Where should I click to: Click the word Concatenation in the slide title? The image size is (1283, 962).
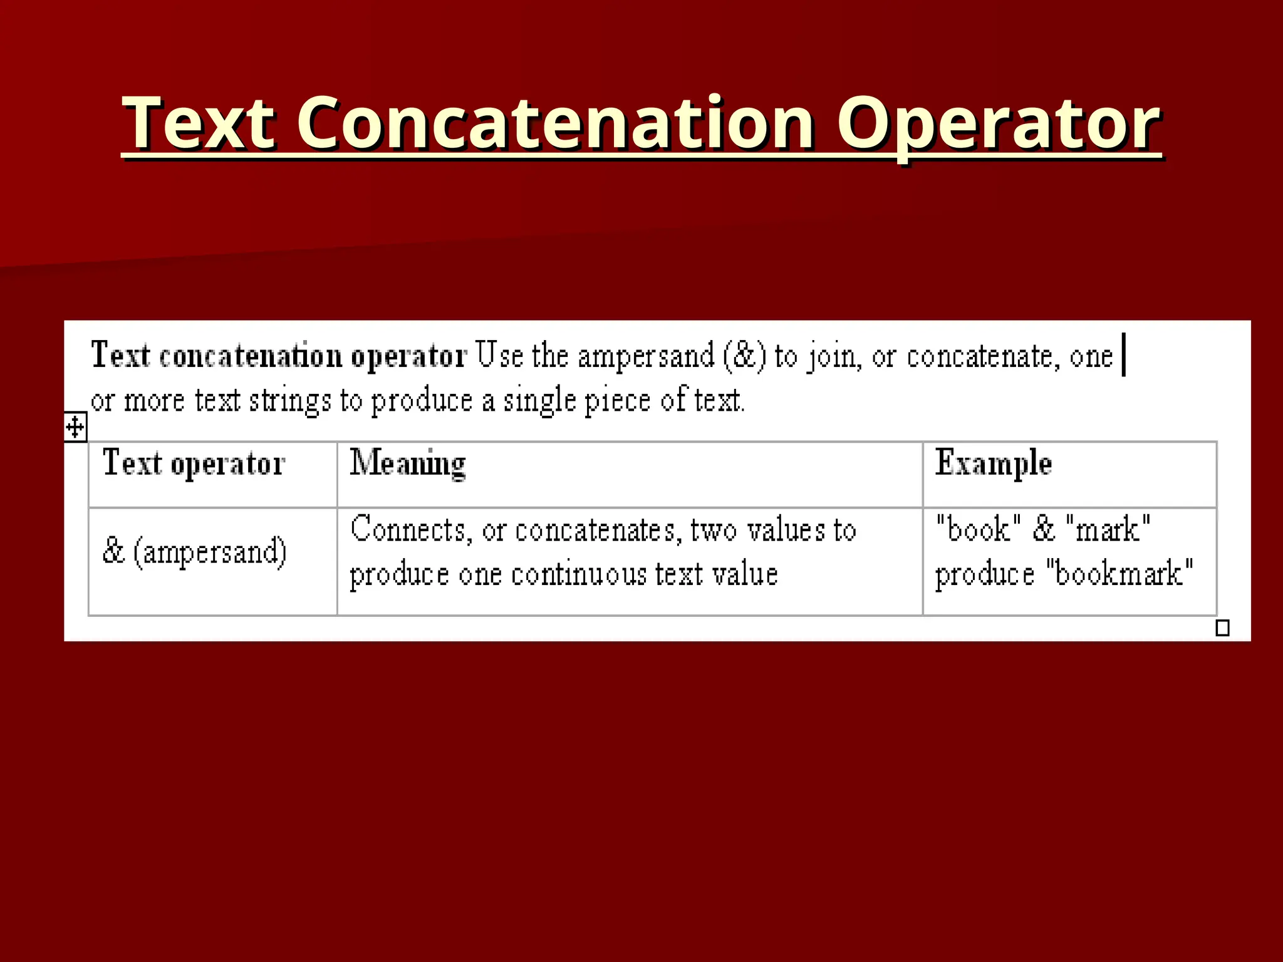pos(556,123)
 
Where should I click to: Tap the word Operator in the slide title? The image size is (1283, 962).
pos(999,123)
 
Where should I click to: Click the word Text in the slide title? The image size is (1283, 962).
pos(199,123)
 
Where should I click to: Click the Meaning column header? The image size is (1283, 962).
pos(408,464)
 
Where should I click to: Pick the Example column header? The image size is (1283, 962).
pos(993,464)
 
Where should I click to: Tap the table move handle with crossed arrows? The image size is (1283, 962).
pos(75,428)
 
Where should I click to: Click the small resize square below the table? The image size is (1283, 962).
pos(1222,628)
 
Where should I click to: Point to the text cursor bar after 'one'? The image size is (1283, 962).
pos(1124,355)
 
